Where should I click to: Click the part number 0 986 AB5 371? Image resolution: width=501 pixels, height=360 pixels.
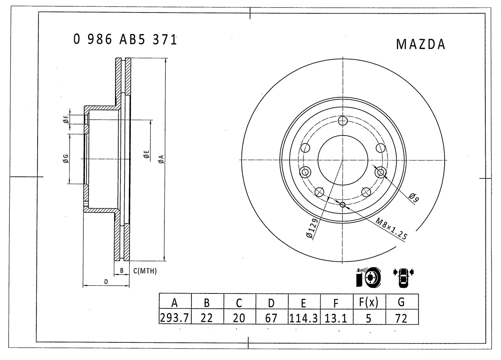click(125, 40)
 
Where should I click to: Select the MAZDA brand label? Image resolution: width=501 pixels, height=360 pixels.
click(421, 45)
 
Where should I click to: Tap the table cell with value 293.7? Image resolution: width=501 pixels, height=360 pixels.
click(175, 317)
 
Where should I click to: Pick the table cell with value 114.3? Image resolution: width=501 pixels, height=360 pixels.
click(304, 317)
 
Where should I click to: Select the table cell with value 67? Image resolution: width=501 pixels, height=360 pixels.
click(271, 317)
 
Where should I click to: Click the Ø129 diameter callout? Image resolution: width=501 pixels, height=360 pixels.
click(312, 229)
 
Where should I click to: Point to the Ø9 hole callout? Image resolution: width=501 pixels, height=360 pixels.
click(414, 198)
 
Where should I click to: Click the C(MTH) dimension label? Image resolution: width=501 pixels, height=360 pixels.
click(145, 271)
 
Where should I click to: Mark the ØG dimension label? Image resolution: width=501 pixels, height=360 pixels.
click(66, 158)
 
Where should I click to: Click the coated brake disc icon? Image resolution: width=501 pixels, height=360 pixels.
click(368, 277)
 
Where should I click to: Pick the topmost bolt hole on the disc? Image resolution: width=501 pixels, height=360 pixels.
click(343, 121)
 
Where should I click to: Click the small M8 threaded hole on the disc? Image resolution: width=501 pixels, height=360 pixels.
click(342, 205)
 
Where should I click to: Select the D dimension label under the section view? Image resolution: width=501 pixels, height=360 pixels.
click(106, 282)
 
